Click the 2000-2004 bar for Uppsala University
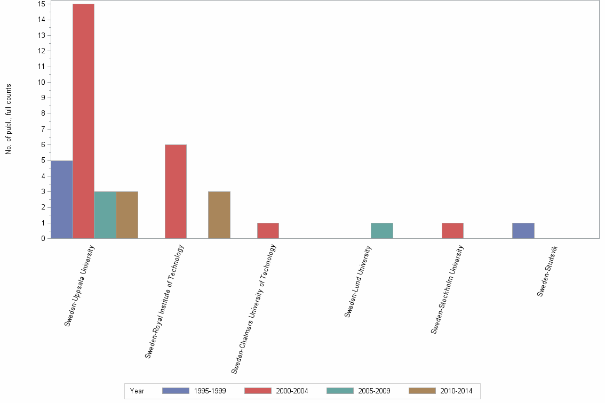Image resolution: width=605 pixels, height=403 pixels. [x=83, y=122]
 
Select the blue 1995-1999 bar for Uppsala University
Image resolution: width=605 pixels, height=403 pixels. [x=61, y=199]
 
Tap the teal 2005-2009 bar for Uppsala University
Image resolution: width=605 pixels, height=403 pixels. [x=105, y=215]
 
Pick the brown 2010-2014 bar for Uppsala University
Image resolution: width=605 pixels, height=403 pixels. [x=127, y=215]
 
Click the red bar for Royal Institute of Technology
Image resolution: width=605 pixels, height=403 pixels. [x=176, y=191]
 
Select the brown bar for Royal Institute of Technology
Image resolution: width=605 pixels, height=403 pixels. [x=219, y=215]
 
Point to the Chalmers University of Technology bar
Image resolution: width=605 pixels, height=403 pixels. [x=268, y=231]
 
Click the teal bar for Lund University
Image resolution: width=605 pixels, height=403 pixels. [x=382, y=231]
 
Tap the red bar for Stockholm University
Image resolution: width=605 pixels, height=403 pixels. [x=452, y=231]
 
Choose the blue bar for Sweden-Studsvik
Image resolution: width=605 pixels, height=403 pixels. [x=523, y=231]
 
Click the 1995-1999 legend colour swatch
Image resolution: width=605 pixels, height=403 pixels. [x=176, y=391]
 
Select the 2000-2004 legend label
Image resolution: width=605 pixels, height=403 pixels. [x=292, y=391]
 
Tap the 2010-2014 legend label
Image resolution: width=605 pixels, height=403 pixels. [x=456, y=391]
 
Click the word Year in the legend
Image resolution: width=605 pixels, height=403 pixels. [x=137, y=391]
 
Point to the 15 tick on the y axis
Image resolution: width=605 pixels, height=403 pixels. [x=42, y=4]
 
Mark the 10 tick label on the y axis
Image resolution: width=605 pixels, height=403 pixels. [x=42, y=82]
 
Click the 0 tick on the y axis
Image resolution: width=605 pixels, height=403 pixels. [x=42, y=239]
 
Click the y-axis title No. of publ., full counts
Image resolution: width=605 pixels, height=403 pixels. [x=9, y=119]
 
